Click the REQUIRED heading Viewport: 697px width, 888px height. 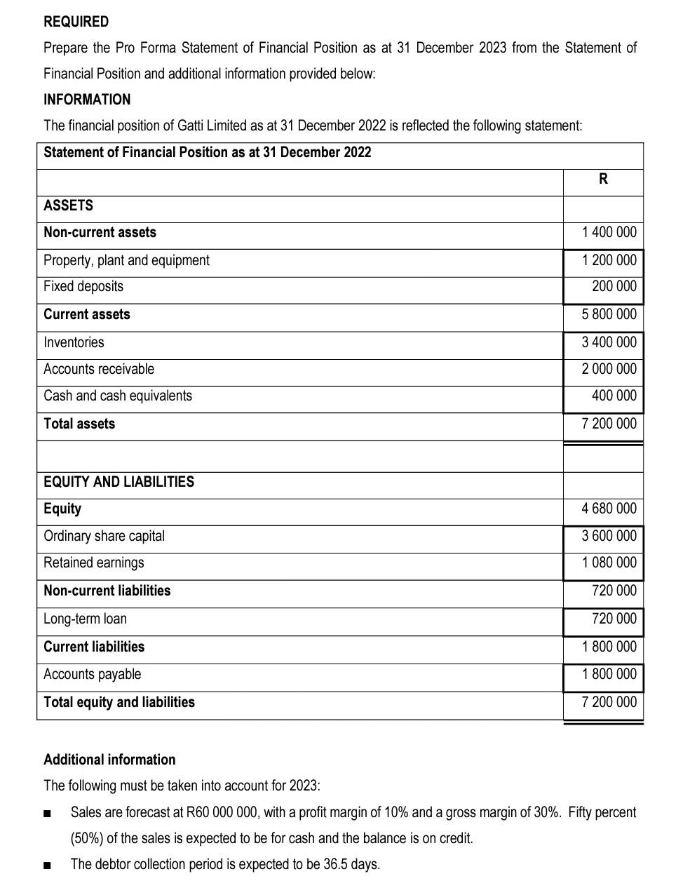(76, 22)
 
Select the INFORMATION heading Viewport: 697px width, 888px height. (87, 100)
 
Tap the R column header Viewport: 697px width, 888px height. (603, 179)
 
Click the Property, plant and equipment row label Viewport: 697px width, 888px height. (126, 260)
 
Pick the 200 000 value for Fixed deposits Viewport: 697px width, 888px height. (614, 286)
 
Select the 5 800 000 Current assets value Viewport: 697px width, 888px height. (609, 314)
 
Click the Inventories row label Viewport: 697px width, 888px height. (74, 342)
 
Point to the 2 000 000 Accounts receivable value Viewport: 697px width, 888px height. (609, 369)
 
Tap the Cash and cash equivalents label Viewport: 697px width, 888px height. (117, 396)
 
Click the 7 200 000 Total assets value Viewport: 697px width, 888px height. (609, 424)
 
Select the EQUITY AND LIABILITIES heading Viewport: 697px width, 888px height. (119, 482)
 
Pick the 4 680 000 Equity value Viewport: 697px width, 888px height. (609, 509)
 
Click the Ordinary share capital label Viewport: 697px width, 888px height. (104, 536)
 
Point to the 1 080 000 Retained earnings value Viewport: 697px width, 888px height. (609, 563)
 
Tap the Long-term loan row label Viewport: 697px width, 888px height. (85, 619)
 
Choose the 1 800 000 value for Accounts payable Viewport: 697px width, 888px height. (609, 674)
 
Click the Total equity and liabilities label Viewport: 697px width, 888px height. (119, 702)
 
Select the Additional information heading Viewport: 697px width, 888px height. (109, 760)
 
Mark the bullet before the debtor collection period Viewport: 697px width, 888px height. (47, 865)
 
